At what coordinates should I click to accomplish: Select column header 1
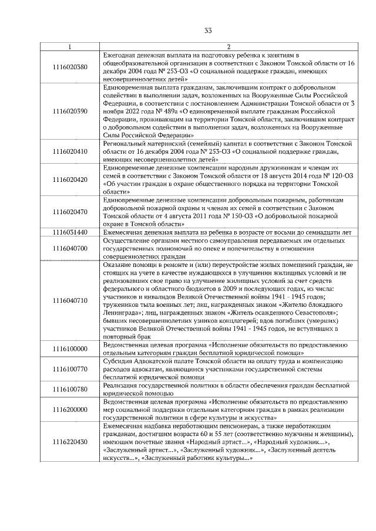(69, 47)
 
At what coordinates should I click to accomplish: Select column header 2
(229, 47)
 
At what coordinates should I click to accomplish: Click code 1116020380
(69, 67)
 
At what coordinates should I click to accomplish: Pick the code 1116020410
(69, 151)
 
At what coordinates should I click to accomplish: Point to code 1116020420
(69, 179)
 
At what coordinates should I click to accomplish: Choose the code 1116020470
(69, 212)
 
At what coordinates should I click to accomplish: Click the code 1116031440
(69, 232)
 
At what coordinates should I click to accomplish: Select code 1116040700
(69, 249)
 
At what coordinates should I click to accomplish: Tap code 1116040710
(69, 300)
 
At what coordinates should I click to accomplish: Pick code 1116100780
(69, 388)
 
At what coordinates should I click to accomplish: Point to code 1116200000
(69, 409)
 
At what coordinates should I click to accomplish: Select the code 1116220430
(69, 441)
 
